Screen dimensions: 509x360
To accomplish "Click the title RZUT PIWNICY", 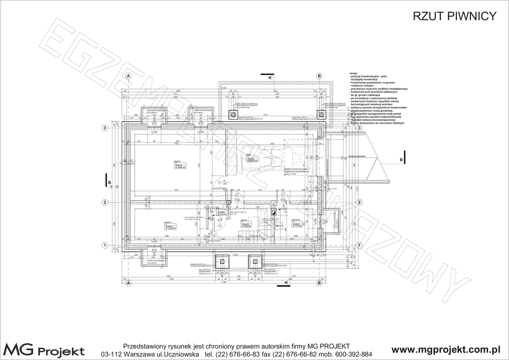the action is coord(455,16).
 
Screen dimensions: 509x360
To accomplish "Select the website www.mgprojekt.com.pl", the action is coord(446,350).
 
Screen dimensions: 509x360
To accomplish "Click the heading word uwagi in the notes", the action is coord(354,73).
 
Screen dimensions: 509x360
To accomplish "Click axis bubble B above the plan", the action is coord(319,75).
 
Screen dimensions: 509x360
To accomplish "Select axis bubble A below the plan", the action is coord(128,283).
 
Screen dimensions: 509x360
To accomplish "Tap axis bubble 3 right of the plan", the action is coord(358,128).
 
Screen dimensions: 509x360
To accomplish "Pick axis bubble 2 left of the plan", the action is coord(105,202).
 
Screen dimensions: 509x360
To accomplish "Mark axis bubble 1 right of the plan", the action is coord(358,245).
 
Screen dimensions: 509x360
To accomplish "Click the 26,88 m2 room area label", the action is coord(180,168).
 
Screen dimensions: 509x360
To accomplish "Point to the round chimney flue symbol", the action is coord(273,212).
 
